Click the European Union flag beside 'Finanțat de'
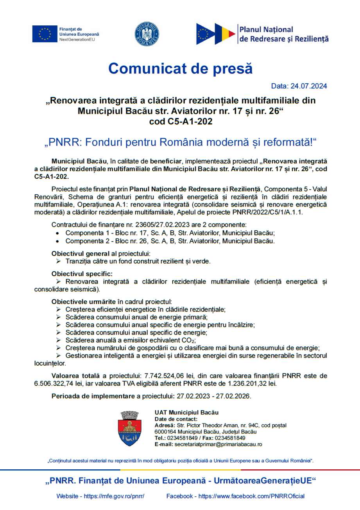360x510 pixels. (x=45, y=34)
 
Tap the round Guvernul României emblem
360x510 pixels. (x=147, y=34)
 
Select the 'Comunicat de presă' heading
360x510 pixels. (x=180, y=68)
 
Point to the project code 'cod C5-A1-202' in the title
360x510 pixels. (x=181, y=121)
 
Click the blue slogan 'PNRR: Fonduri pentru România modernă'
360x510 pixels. (x=180, y=142)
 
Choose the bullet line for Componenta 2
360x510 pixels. (x=170, y=241)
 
